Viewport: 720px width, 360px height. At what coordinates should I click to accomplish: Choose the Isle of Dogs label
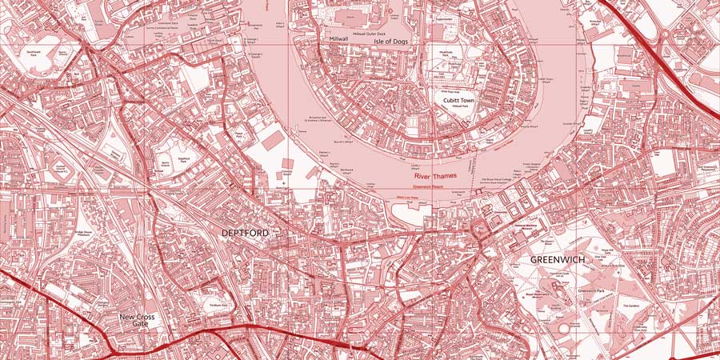point(393,42)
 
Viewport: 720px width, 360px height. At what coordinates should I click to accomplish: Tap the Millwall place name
point(335,38)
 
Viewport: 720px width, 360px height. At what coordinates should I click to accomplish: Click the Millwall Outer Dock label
point(370,34)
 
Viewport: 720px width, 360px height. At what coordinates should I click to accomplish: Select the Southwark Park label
point(34,52)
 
